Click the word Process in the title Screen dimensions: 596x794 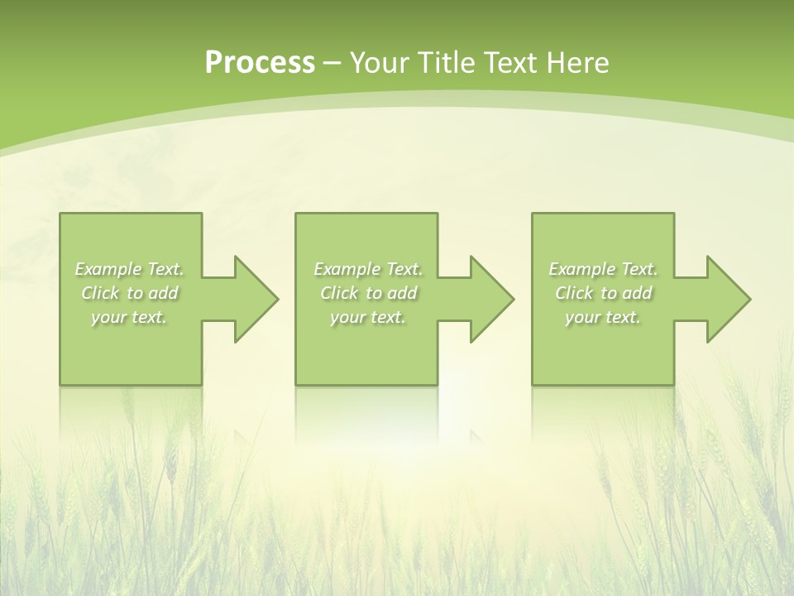260,63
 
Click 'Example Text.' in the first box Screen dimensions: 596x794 129,269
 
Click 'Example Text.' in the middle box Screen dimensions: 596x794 368,269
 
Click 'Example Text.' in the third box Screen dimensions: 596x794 603,269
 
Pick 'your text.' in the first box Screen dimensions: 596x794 129,317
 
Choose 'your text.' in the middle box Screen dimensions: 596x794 368,317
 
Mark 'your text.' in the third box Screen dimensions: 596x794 603,317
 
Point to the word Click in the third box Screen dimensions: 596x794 574,293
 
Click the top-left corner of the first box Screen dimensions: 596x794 61,214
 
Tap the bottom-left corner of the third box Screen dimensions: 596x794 533,383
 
